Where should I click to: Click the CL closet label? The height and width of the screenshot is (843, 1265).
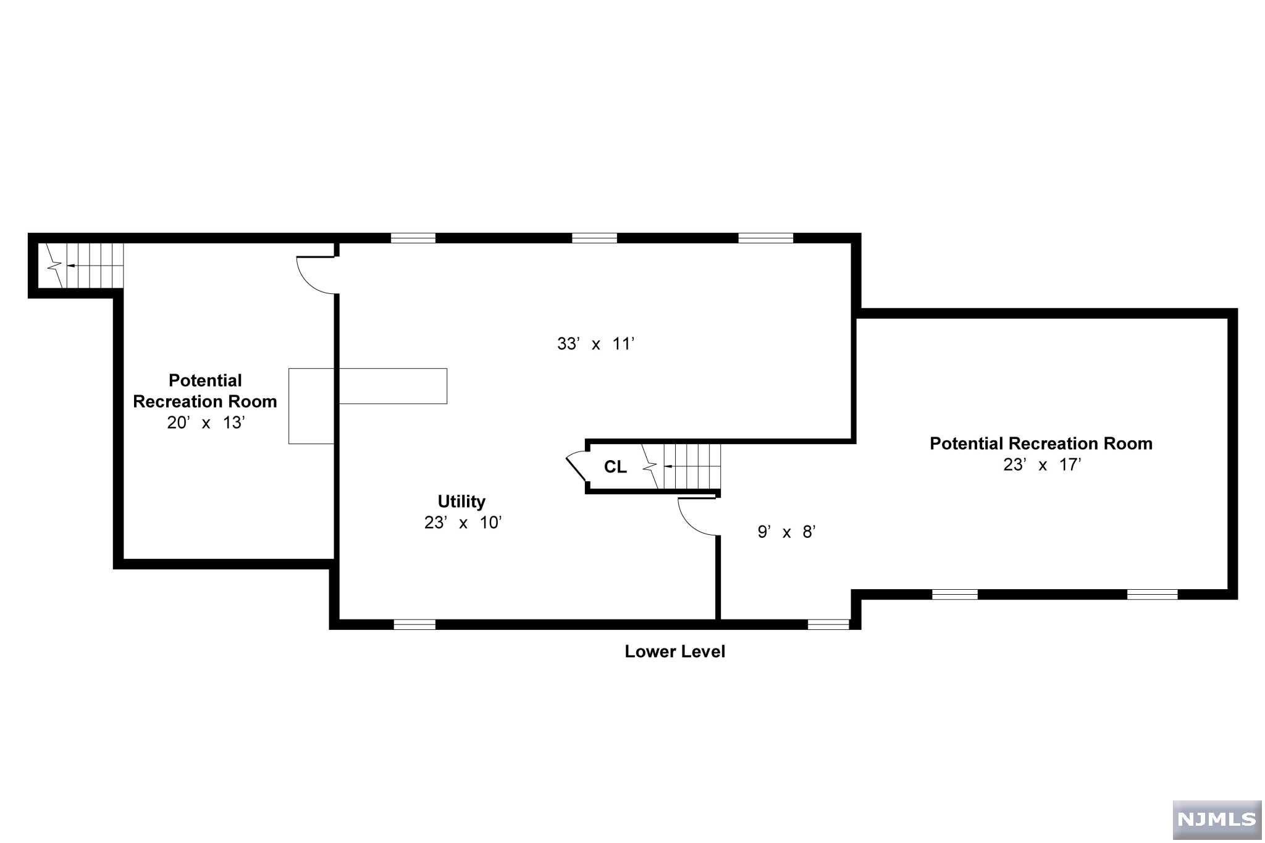(x=615, y=467)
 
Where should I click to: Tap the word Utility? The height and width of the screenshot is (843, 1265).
(x=461, y=501)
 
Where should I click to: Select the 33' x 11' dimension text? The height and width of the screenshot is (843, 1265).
(x=596, y=344)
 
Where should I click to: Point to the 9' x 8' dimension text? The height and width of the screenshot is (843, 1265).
(x=786, y=532)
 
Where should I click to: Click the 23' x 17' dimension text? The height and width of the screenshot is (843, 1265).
(x=1042, y=464)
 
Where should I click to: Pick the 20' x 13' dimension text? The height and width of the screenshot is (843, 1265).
(x=206, y=422)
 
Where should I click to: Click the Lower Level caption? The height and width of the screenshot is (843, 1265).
(x=675, y=652)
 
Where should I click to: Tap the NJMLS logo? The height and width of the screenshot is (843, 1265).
(x=1216, y=820)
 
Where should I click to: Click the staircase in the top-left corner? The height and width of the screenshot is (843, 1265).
(x=83, y=266)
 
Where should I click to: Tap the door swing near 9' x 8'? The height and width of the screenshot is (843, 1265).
(x=697, y=517)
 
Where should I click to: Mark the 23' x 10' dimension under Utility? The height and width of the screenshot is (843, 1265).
(x=463, y=522)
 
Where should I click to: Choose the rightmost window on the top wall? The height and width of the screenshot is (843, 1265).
(x=765, y=238)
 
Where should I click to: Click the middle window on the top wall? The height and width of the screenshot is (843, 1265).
(x=594, y=238)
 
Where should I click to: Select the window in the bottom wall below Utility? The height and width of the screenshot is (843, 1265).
(x=414, y=624)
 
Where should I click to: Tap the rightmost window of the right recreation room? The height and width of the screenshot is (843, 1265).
(x=1152, y=595)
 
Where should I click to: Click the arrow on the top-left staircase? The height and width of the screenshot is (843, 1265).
(x=71, y=266)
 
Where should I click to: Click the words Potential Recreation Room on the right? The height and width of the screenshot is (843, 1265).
(x=1041, y=443)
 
